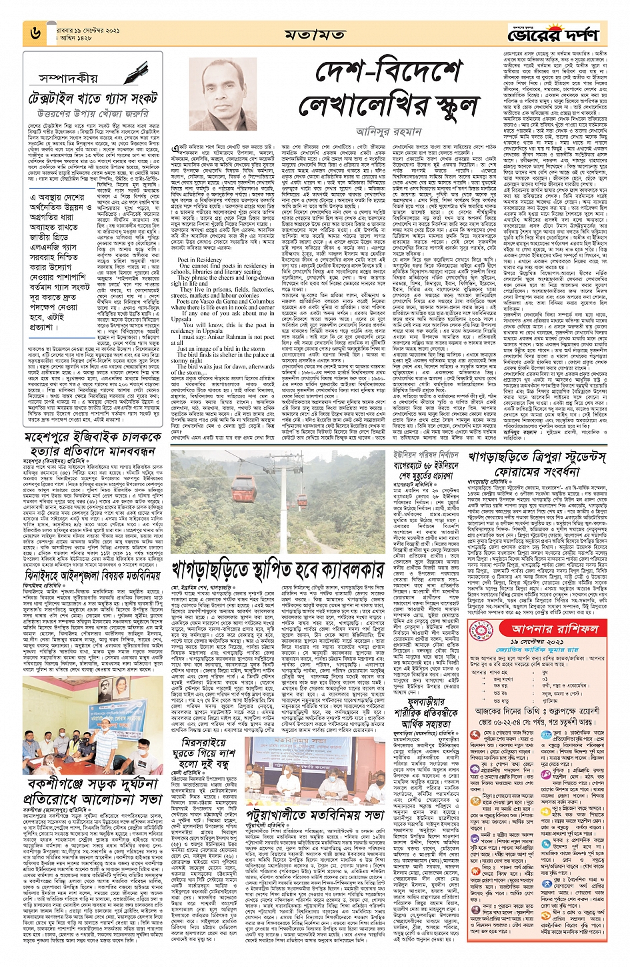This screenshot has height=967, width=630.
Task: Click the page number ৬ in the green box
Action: [x=33, y=32]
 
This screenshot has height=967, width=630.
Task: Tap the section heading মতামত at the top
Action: [x=315, y=34]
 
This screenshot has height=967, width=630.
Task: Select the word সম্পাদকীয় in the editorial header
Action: [x=69, y=78]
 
